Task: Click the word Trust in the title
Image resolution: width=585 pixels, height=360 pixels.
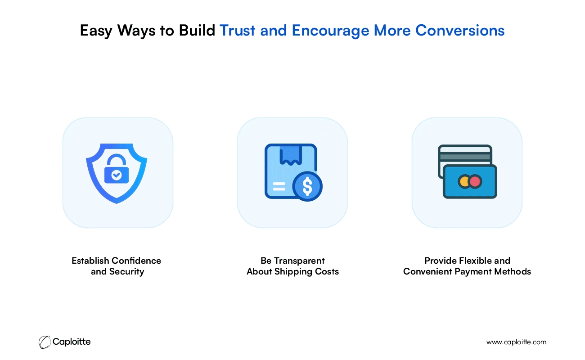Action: tap(237, 30)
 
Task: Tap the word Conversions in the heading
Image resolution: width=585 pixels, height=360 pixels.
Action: tap(460, 30)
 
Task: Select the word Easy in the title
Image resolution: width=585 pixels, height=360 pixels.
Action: tap(96, 31)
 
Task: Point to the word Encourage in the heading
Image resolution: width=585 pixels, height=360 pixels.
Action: tap(330, 31)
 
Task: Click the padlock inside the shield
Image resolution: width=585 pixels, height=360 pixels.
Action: tap(117, 168)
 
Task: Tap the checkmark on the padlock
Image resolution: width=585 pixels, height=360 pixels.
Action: tap(117, 175)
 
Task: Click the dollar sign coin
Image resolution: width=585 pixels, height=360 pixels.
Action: tap(307, 186)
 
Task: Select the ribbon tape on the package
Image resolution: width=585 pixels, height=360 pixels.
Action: tap(291, 155)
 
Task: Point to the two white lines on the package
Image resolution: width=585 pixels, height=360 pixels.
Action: tap(279, 186)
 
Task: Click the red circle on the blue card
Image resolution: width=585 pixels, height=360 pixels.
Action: tap(475, 181)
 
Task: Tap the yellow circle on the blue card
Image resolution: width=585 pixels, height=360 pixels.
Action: tap(464, 181)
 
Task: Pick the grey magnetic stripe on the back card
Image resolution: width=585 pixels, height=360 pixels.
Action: tap(465, 157)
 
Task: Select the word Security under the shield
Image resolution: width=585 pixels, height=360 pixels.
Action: tap(126, 272)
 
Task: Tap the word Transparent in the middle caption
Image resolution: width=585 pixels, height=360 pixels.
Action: tap(299, 261)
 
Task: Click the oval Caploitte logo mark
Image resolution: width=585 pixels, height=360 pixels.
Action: tap(45, 342)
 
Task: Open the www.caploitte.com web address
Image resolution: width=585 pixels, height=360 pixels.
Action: tap(516, 342)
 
